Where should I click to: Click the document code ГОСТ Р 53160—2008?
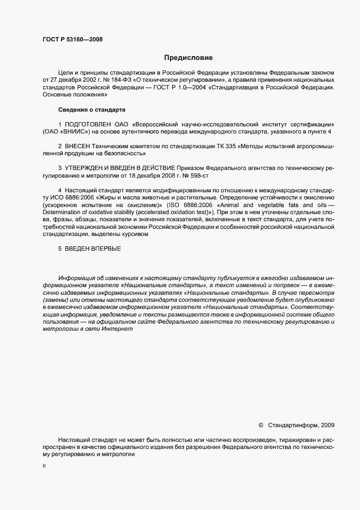72,39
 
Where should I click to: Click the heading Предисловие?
188,57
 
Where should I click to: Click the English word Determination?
62,212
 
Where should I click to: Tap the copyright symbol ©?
261,425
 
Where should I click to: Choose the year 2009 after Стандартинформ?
328,425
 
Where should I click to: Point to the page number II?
44,466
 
